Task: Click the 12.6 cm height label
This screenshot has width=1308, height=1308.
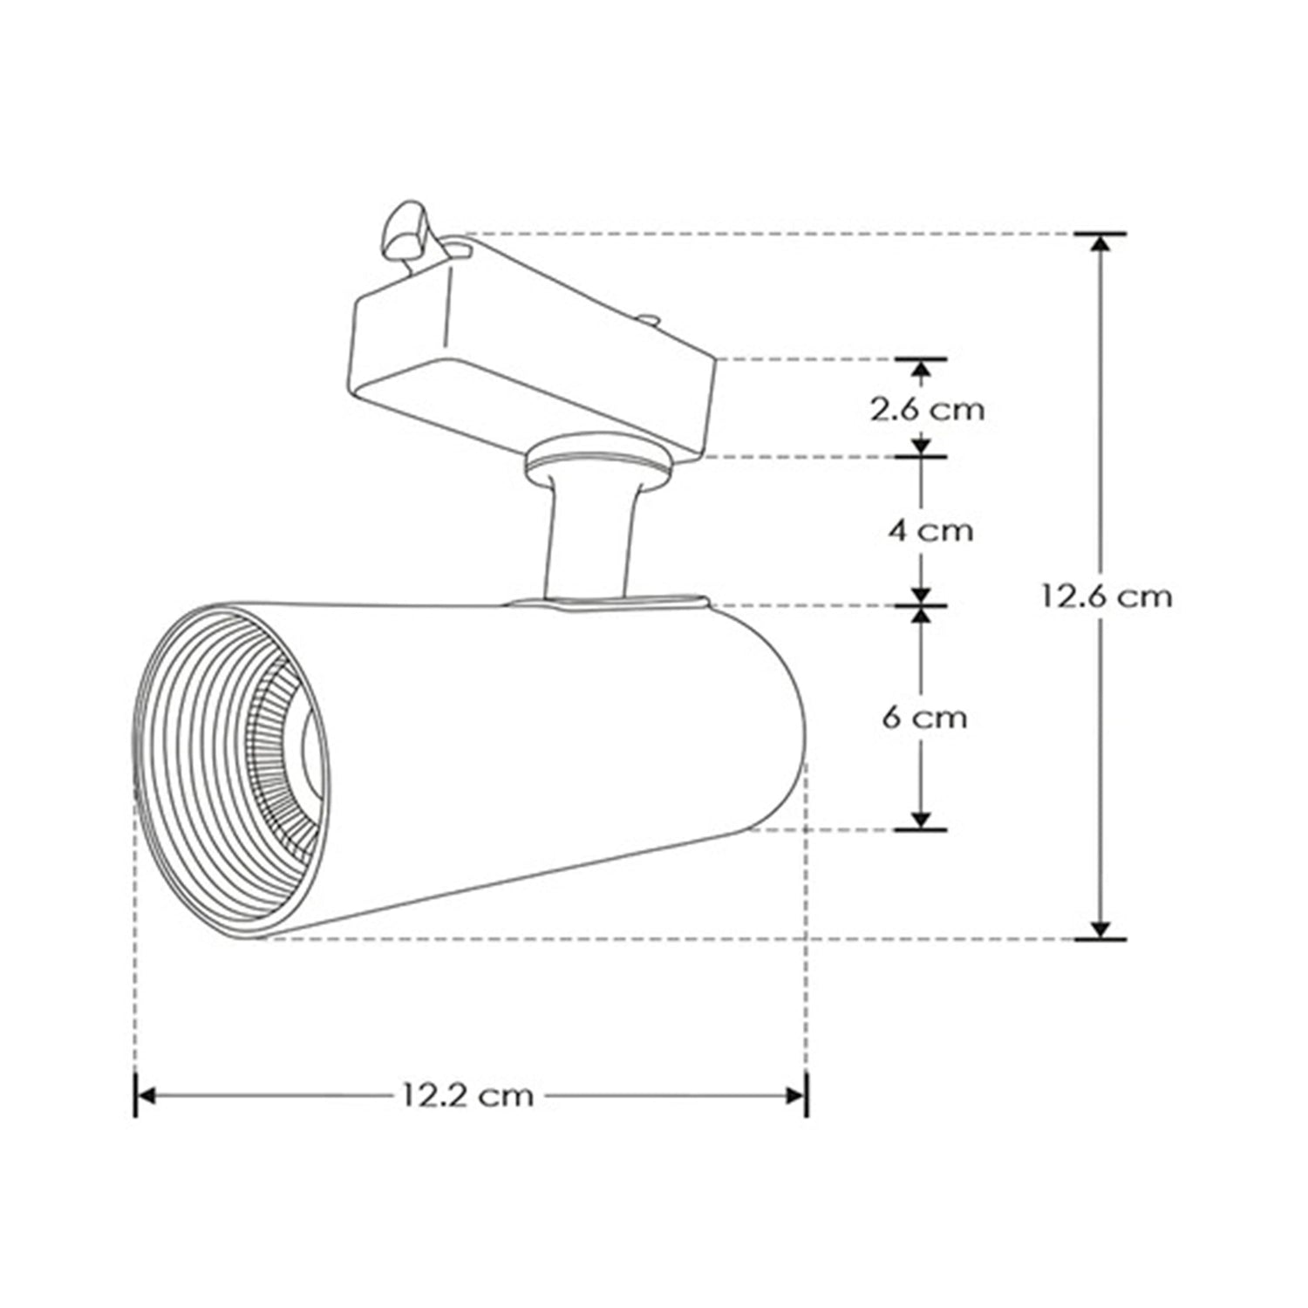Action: point(1106,596)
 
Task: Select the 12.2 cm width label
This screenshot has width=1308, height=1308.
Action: point(467,1094)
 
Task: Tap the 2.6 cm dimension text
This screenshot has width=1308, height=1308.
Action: point(927,408)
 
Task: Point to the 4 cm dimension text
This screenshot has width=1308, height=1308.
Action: point(930,530)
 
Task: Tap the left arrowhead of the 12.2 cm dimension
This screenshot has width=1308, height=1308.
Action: point(146,1095)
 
